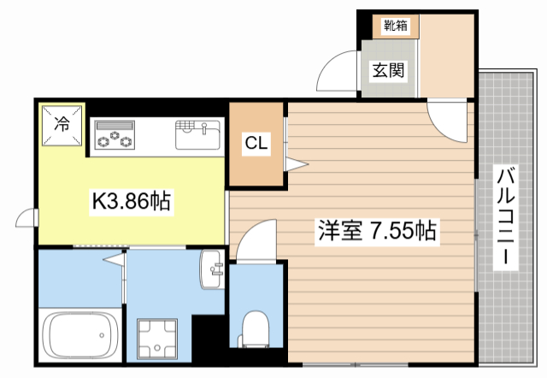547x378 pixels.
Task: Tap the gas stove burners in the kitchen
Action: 115,136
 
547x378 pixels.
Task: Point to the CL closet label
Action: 256,144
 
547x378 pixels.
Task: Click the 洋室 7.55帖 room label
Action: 378,229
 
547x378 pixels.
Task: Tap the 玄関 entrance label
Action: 388,72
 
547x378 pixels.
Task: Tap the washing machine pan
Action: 159,338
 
